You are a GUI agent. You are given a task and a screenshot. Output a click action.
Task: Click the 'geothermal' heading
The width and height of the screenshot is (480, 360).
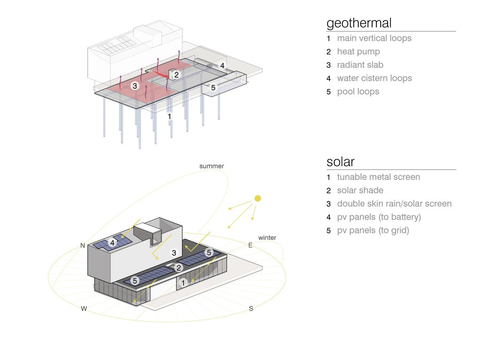tap(359, 23)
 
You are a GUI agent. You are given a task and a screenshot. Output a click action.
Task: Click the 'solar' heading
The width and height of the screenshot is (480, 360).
tap(340, 162)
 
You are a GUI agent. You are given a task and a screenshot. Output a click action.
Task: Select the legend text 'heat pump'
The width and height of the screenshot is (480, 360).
tap(359, 52)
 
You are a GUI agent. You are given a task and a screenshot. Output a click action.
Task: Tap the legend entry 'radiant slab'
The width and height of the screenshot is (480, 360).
tap(360, 65)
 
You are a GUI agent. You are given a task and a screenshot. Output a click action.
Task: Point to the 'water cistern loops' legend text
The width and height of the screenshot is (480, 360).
tap(375, 78)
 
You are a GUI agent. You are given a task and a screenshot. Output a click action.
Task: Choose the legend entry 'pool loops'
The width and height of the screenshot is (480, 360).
tap(358, 92)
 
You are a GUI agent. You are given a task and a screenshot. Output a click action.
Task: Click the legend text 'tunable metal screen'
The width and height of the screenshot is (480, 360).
tap(378, 177)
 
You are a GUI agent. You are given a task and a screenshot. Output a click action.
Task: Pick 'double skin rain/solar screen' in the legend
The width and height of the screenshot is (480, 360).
tap(394, 203)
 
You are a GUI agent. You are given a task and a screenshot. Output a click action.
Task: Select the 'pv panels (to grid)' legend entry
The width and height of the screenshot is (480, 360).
tap(373, 231)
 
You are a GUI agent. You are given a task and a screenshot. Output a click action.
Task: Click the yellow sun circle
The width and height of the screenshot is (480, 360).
tap(258, 198)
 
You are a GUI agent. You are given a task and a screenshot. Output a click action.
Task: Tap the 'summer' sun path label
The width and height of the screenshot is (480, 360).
tap(211, 166)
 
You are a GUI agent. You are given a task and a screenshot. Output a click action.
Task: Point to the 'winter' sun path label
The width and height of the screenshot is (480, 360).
tap(267, 238)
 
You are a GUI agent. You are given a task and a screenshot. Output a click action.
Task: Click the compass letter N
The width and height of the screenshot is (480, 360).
tap(82, 245)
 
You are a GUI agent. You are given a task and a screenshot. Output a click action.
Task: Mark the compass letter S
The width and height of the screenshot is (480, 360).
tap(251, 308)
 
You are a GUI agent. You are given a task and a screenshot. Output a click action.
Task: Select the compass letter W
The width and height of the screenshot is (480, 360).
tap(84, 308)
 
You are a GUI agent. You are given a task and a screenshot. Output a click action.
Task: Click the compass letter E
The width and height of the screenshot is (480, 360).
tap(250, 245)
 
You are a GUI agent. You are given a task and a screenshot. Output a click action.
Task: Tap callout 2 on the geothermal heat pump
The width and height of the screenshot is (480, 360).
tap(176, 75)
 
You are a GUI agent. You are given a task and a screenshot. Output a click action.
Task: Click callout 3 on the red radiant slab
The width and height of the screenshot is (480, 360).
tap(135, 86)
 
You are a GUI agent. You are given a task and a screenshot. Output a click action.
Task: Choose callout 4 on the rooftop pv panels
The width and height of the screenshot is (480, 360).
tap(112, 243)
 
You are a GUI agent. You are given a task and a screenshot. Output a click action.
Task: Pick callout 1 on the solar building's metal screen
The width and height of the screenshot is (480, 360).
tap(183, 283)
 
